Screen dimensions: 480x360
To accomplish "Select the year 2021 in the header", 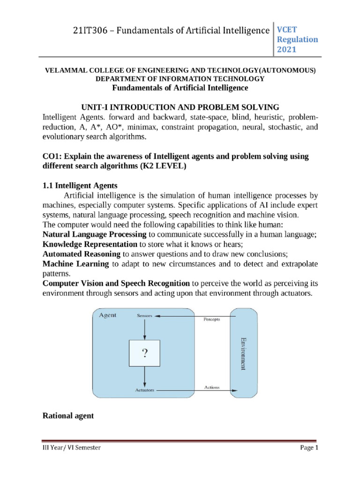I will [x=288, y=50].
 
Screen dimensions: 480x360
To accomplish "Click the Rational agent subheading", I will [x=68, y=415].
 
